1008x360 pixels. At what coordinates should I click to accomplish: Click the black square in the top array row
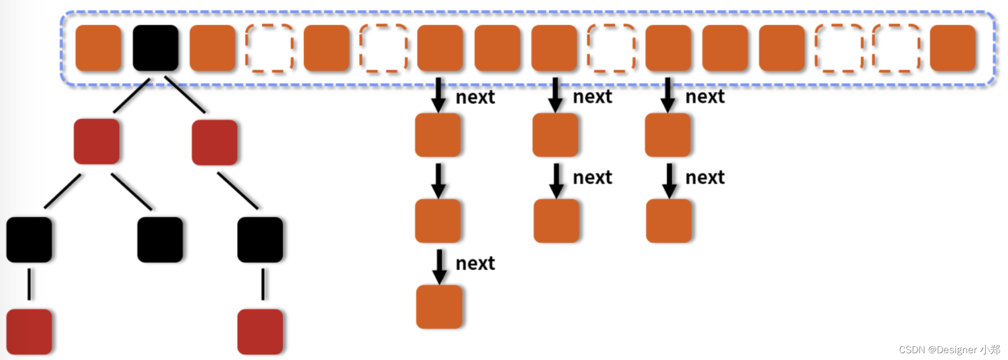tap(155, 48)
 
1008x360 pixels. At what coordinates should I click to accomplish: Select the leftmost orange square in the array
tap(99, 48)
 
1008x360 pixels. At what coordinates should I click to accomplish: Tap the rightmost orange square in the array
tap(952, 48)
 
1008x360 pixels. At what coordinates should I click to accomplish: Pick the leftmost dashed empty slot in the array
tap(269, 48)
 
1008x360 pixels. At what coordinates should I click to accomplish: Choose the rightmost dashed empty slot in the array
tap(896, 48)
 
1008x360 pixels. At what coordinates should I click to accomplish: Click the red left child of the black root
tap(96, 141)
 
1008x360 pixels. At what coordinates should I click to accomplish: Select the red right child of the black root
tap(214, 142)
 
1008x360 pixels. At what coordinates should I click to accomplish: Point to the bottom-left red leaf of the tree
tap(29, 331)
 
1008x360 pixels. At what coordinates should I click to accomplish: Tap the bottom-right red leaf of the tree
tap(260, 331)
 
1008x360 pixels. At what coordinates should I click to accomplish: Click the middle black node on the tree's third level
tap(160, 240)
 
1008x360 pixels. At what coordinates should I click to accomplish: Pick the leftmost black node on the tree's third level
tap(29, 240)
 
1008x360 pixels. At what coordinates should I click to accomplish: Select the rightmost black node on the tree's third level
tap(260, 240)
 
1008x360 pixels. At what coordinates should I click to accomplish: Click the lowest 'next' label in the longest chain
tap(475, 264)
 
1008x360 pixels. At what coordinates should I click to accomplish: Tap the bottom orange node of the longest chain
tap(439, 307)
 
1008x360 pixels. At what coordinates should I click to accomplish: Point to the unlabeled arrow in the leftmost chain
tap(438, 181)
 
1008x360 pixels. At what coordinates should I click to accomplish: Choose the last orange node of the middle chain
tap(556, 221)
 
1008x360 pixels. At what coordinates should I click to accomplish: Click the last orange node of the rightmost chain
tap(669, 221)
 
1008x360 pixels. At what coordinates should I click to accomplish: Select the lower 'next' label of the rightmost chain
tap(705, 178)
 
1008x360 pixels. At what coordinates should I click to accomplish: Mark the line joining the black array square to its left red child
tap(132, 95)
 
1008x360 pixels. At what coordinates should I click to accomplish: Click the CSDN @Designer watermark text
tap(949, 350)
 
